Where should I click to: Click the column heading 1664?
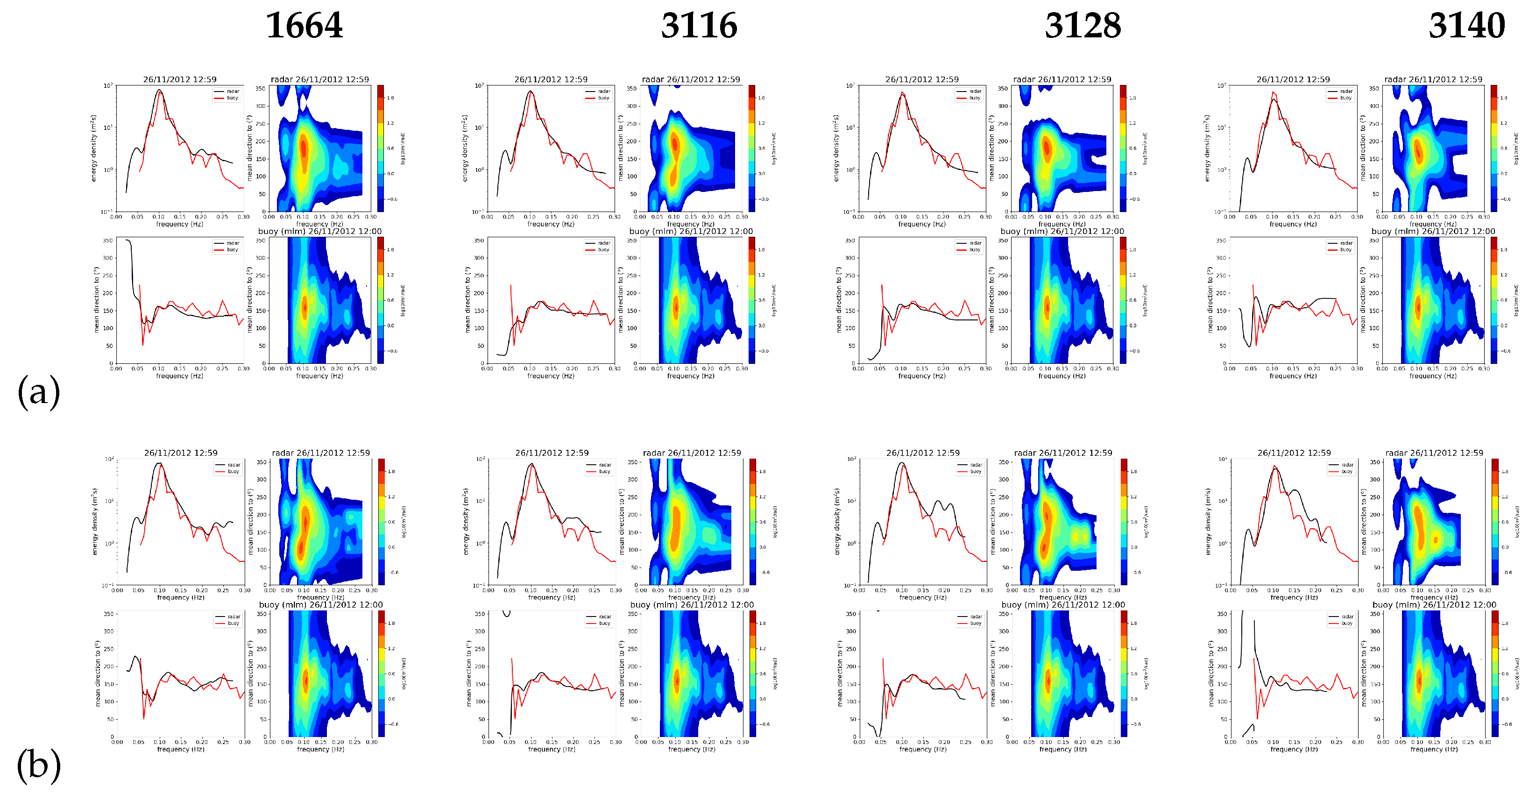tap(304, 26)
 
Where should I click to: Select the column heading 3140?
tap(1466, 26)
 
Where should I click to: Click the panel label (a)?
tap(39, 392)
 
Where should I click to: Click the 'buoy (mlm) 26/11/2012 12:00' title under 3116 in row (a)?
tap(691, 231)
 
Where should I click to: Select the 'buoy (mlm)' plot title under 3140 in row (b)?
tap(1434, 605)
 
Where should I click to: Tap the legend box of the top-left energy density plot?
tap(227, 95)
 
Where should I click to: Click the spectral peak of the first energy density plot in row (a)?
tap(159, 91)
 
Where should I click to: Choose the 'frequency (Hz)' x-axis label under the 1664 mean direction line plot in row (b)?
tap(181, 749)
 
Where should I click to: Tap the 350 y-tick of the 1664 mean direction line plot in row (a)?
tap(107, 241)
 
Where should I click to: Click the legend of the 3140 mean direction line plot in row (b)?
tap(1341, 620)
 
